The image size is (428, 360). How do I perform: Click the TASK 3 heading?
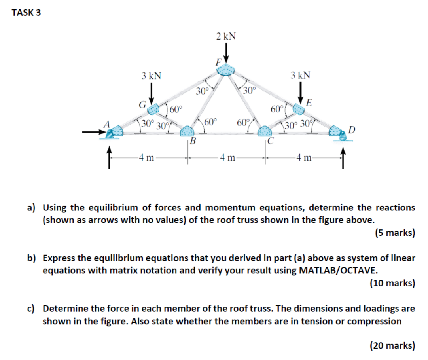click(x=27, y=13)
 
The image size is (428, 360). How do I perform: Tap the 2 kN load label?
click(x=226, y=36)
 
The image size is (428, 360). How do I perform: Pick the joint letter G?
click(x=141, y=105)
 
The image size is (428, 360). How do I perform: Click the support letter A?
click(x=106, y=123)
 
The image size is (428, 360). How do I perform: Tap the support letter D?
click(x=352, y=129)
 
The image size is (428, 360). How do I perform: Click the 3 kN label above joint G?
click(x=152, y=76)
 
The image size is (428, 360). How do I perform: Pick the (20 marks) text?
click(x=392, y=345)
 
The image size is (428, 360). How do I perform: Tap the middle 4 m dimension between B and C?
click(x=228, y=159)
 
